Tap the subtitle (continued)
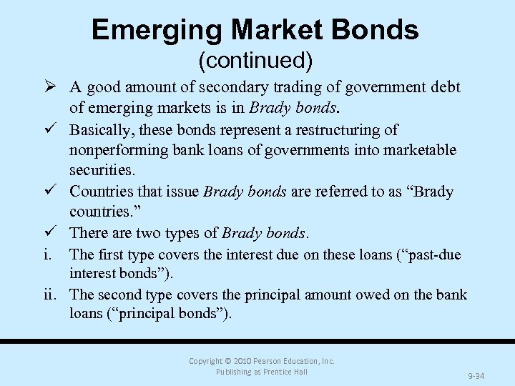255,61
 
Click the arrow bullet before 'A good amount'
54,88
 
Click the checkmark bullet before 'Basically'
54,130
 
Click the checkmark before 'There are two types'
54,233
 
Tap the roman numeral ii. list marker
55,295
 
